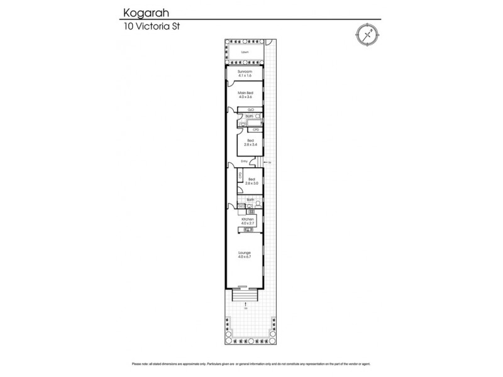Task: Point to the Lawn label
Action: coord(245,52)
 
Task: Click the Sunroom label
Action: coord(245,72)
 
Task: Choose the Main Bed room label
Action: coord(245,93)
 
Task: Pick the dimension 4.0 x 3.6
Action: coord(245,97)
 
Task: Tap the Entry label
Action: coord(245,161)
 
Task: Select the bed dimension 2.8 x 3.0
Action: coord(251,183)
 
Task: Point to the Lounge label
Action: coord(245,253)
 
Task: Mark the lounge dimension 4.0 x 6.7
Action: coord(245,257)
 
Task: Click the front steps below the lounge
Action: coord(245,293)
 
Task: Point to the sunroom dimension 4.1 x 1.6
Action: coord(245,76)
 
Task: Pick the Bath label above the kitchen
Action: coord(250,200)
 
